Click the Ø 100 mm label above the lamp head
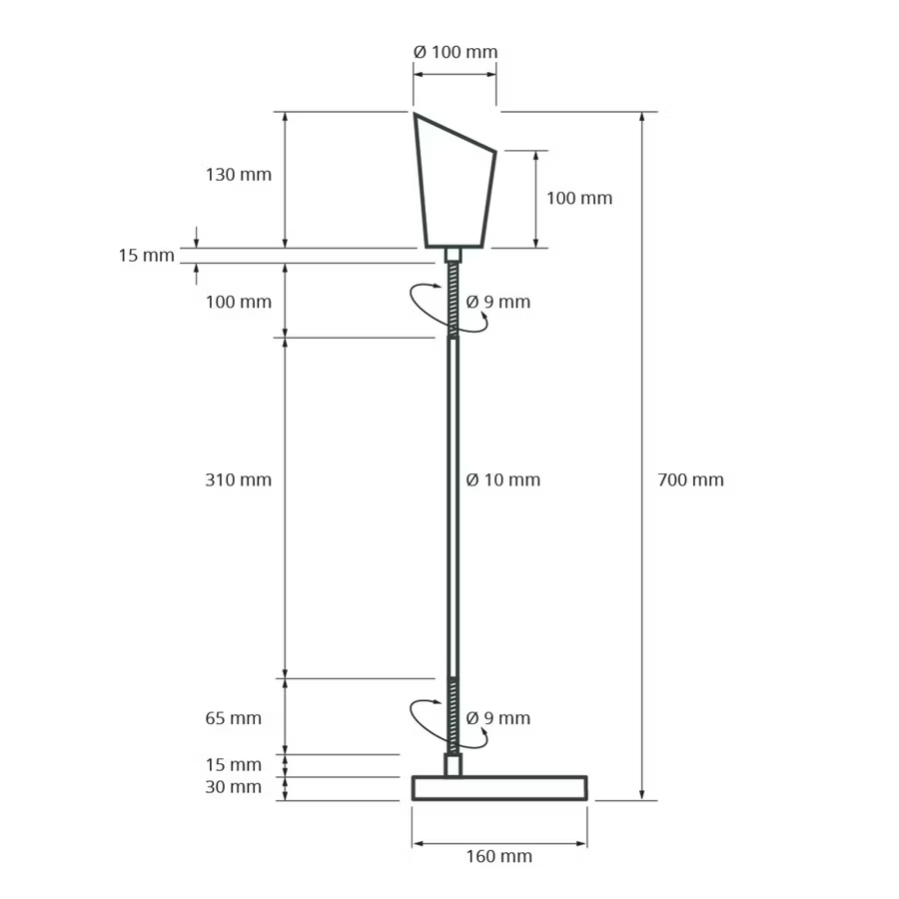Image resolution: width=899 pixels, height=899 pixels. pos(455,52)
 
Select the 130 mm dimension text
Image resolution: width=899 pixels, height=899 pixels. pos(239,174)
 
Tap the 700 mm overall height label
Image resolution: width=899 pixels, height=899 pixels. pos(691,479)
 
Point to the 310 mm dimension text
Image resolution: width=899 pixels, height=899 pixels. pos(239,479)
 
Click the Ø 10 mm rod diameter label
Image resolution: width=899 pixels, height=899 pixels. pos(502,479)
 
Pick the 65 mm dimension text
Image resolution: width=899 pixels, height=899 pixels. pos(234,718)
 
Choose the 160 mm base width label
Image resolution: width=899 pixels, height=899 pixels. pos(498,856)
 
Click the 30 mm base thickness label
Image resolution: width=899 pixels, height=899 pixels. pos(234,787)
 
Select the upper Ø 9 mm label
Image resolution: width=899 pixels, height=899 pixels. pos(497,302)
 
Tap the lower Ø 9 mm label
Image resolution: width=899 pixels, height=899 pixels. pos(497,718)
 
